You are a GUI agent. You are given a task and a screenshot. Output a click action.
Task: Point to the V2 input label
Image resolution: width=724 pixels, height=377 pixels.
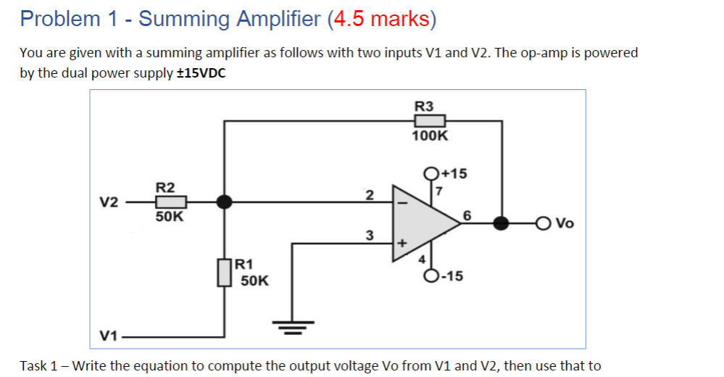[x=109, y=202]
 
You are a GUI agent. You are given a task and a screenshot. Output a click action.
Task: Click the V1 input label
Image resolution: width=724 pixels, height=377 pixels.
[x=109, y=336]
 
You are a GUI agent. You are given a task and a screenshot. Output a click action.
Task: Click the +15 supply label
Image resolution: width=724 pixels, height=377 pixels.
[x=454, y=173]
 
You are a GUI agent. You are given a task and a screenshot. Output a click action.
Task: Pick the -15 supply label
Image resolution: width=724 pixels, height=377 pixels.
[x=454, y=276]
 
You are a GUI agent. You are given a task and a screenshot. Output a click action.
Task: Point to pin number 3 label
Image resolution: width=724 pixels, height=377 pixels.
[x=369, y=235]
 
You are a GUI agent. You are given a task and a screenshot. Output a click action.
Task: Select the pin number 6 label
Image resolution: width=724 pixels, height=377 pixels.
[x=467, y=215]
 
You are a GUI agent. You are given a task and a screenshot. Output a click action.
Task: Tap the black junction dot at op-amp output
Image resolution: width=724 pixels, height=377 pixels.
[x=502, y=223]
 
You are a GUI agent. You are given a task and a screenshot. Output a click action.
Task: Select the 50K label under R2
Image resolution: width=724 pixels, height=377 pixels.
[x=170, y=216]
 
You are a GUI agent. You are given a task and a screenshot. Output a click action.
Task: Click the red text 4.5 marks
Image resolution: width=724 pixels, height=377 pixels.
[x=381, y=18]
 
